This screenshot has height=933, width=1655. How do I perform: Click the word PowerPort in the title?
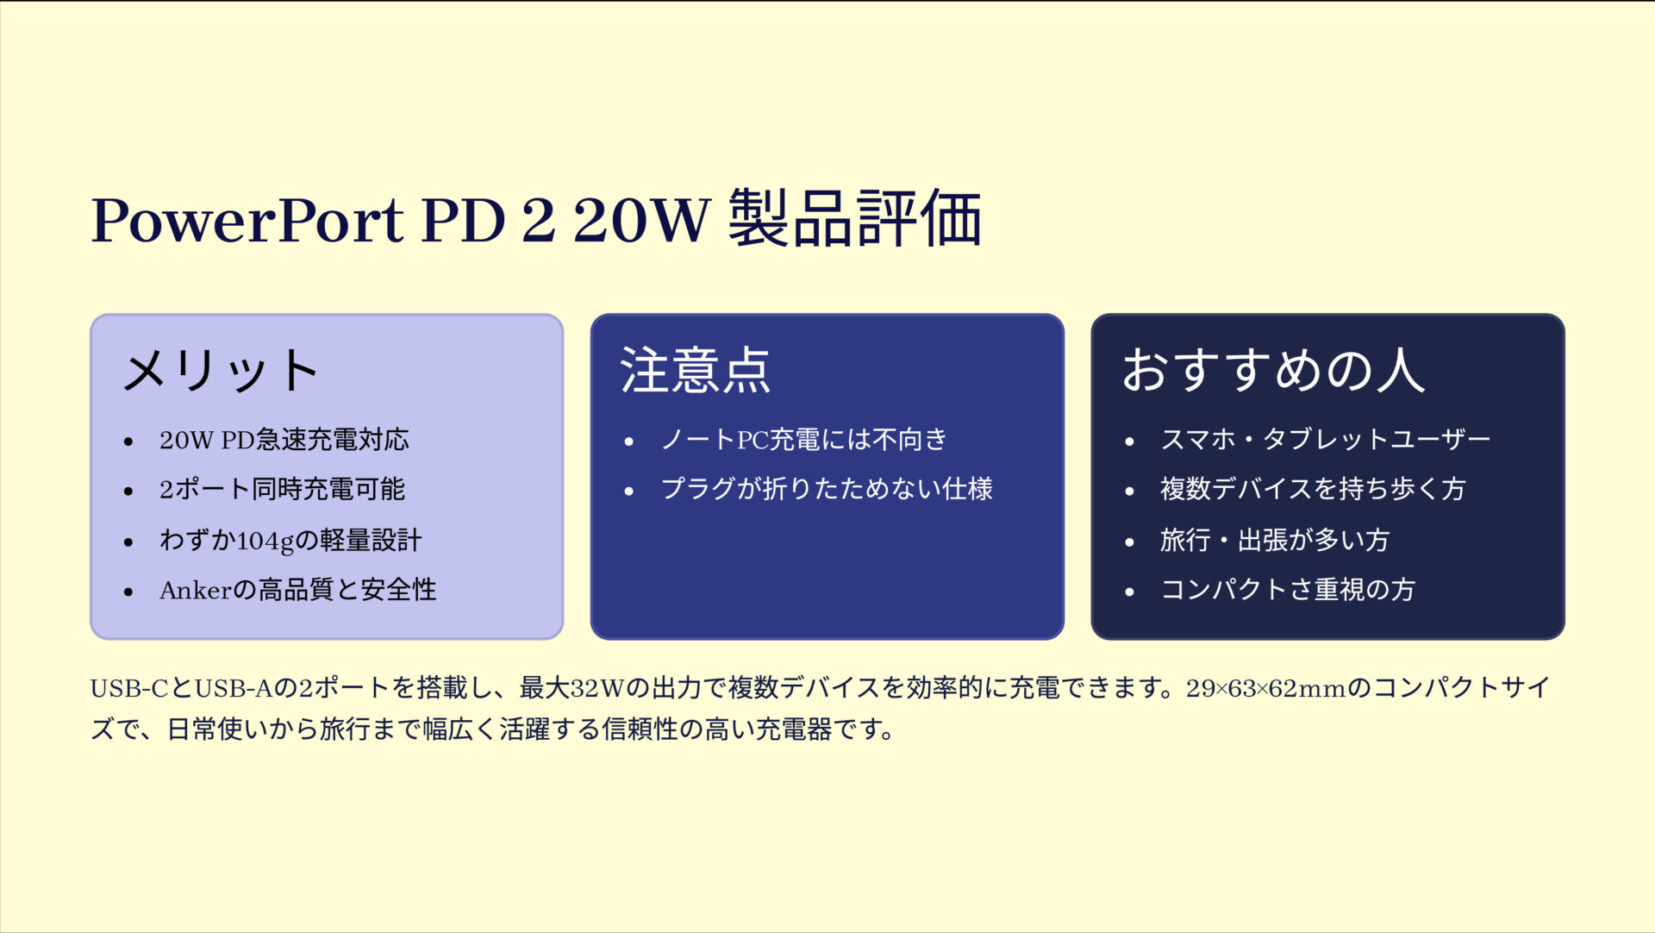coord(247,221)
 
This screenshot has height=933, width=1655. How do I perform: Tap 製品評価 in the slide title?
coord(854,219)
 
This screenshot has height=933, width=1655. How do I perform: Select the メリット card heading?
coord(221,371)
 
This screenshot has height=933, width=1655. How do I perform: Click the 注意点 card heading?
coord(695,371)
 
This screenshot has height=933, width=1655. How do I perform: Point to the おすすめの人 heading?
coord(1272,371)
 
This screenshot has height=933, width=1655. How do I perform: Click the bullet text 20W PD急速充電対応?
coord(284,440)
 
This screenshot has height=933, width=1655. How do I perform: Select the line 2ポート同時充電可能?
coord(282,490)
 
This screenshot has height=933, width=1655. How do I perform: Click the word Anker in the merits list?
coord(196,591)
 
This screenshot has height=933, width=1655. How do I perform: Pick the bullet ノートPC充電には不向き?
coord(803,440)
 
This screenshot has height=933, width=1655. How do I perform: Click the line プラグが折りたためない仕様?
coord(827,490)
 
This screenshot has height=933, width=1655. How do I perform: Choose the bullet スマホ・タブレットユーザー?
coord(1325,440)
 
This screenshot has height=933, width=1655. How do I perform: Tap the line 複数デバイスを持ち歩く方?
coord(1312,490)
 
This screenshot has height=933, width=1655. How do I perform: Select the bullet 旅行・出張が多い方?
coord(1274,541)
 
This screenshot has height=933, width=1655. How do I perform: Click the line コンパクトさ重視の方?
coord(1287,590)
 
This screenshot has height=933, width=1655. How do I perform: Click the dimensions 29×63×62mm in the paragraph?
coord(1265,689)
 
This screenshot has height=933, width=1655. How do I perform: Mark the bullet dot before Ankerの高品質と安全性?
coord(128,592)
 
